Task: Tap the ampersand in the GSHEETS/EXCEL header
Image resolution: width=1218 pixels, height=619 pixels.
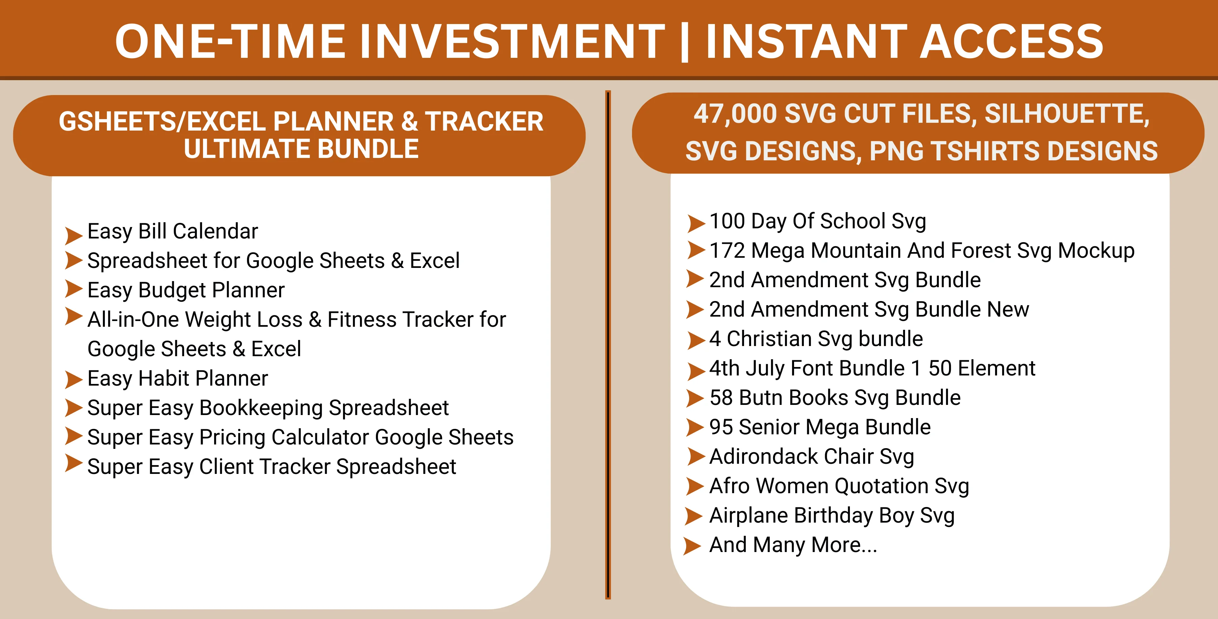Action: click(x=409, y=121)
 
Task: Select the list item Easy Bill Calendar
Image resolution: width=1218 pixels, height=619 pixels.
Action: click(x=173, y=231)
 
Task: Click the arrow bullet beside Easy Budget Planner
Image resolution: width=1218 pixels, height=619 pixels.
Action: click(x=74, y=289)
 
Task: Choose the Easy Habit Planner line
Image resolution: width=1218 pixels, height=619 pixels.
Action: click(x=178, y=378)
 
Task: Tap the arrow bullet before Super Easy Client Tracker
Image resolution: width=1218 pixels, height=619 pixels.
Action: click(x=74, y=463)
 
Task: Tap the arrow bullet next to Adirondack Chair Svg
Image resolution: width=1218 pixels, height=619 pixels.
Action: click(x=696, y=456)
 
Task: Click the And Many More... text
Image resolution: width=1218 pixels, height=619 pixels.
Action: click(x=793, y=545)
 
